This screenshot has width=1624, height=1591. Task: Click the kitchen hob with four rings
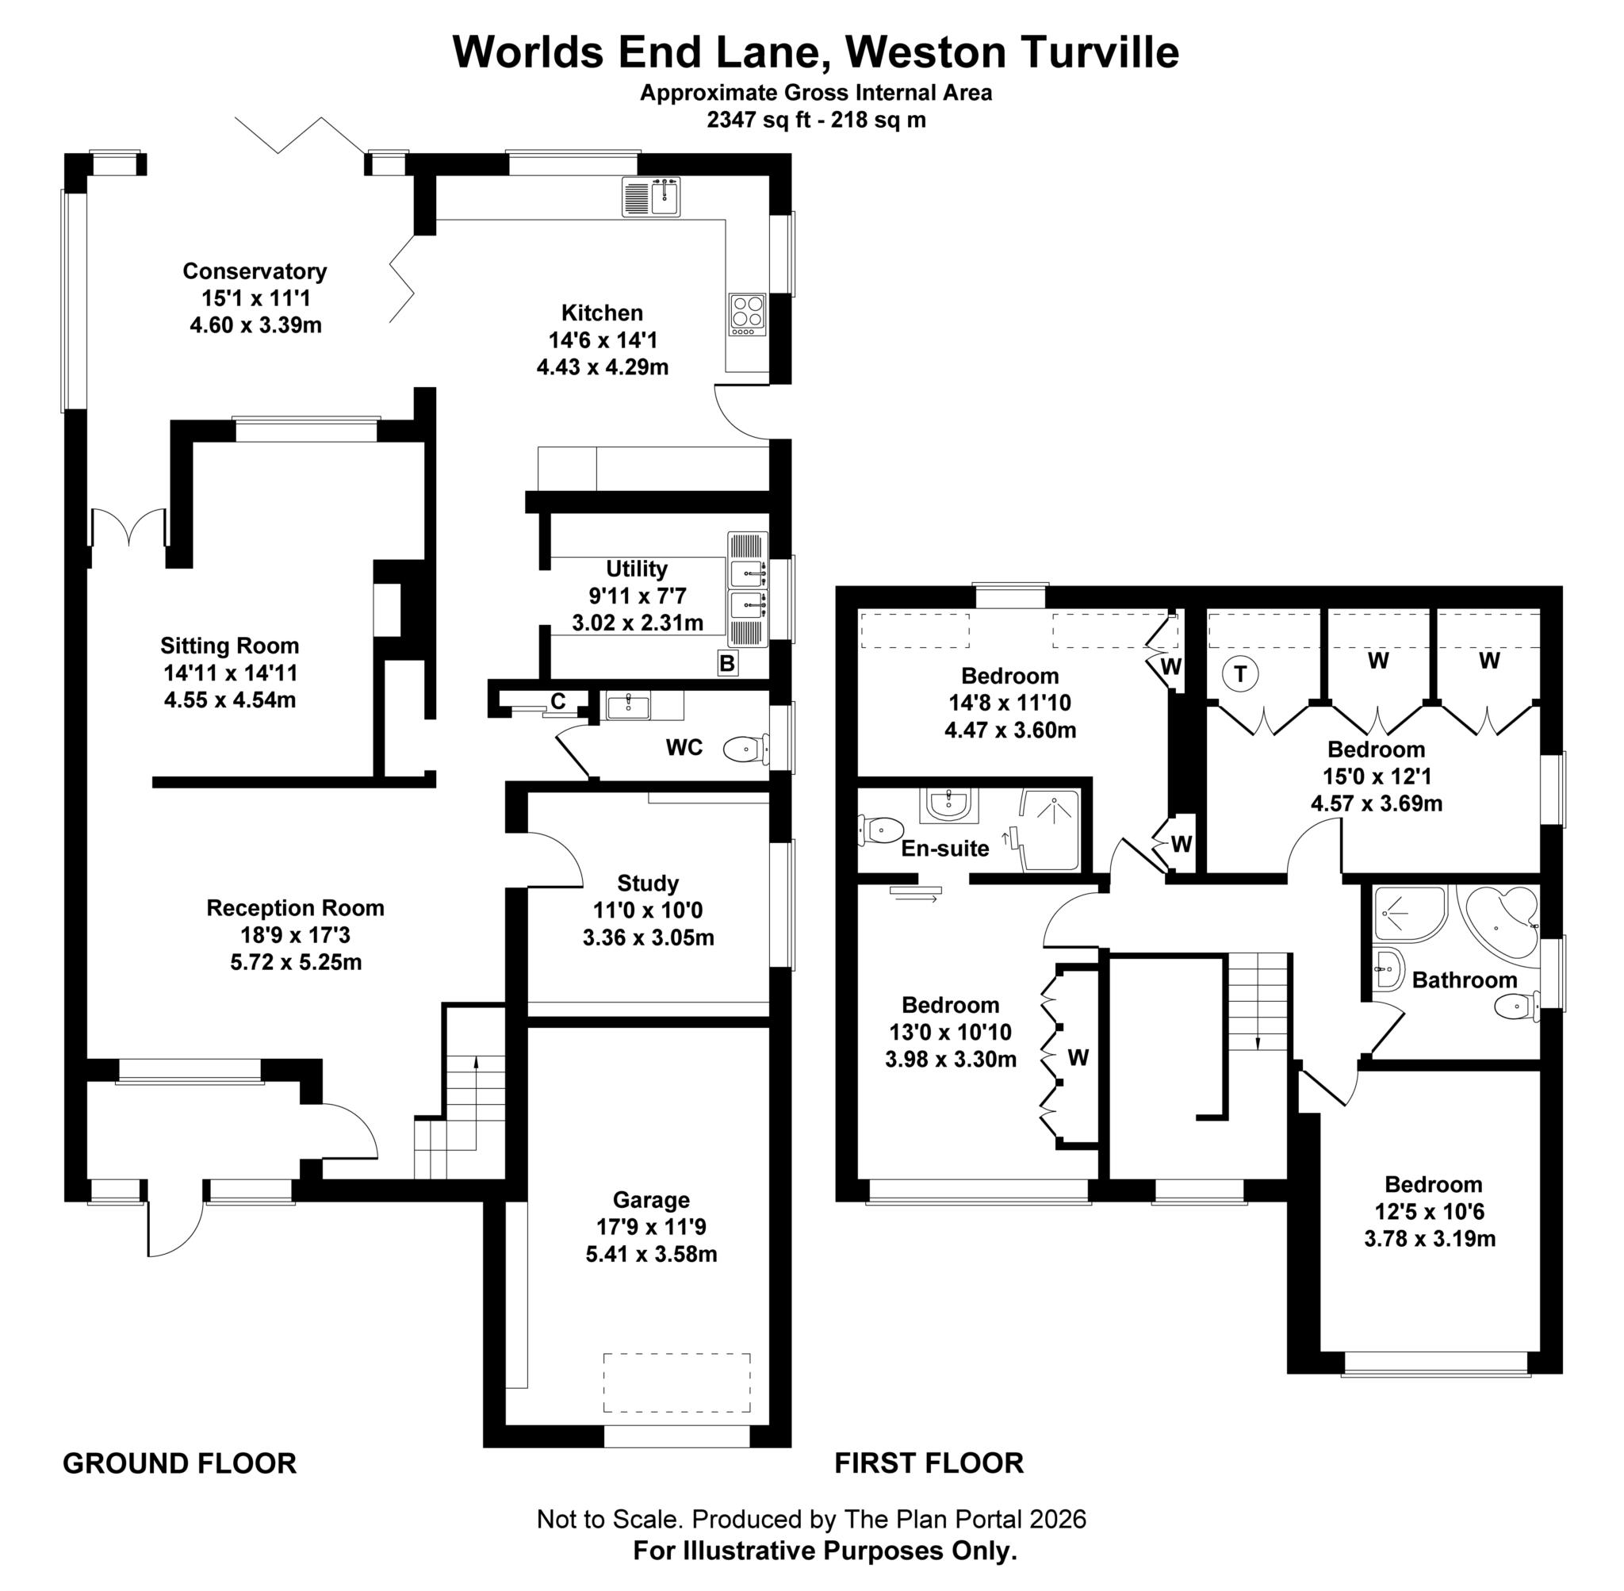pos(747,314)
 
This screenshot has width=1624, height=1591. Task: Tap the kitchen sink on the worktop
pos(652,197)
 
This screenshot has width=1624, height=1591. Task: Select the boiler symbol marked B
pos(727,664)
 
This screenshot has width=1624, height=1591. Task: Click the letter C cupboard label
pos(557,702)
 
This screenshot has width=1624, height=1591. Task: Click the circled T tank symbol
pos(1239,673)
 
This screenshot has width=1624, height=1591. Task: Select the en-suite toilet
pos(879,830)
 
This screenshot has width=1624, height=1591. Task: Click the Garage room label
pos(651,1200)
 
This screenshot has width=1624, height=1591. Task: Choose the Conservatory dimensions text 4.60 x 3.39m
pos(255,325)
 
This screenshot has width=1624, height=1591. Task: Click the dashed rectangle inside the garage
pos(676,1383)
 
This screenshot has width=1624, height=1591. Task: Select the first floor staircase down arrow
pos(1258,1041)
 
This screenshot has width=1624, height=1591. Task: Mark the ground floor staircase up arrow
pos(476,1063)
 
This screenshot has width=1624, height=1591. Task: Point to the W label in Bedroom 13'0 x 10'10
pos(1078,1058)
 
